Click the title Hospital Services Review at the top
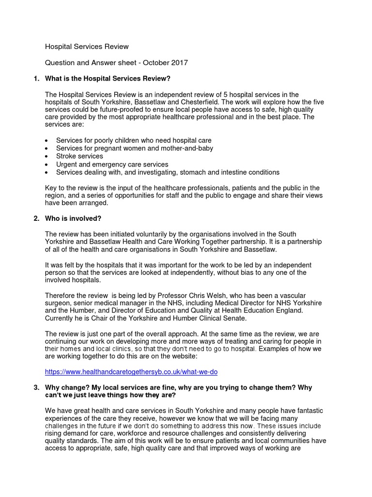point(87,47)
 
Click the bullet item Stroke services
point(79,156)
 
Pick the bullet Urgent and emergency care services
point(112,165)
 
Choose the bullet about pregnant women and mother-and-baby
point(134,149)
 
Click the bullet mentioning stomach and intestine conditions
point(168,172)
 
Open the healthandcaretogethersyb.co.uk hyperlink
point(131,372)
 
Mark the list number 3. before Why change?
point(36,387)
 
